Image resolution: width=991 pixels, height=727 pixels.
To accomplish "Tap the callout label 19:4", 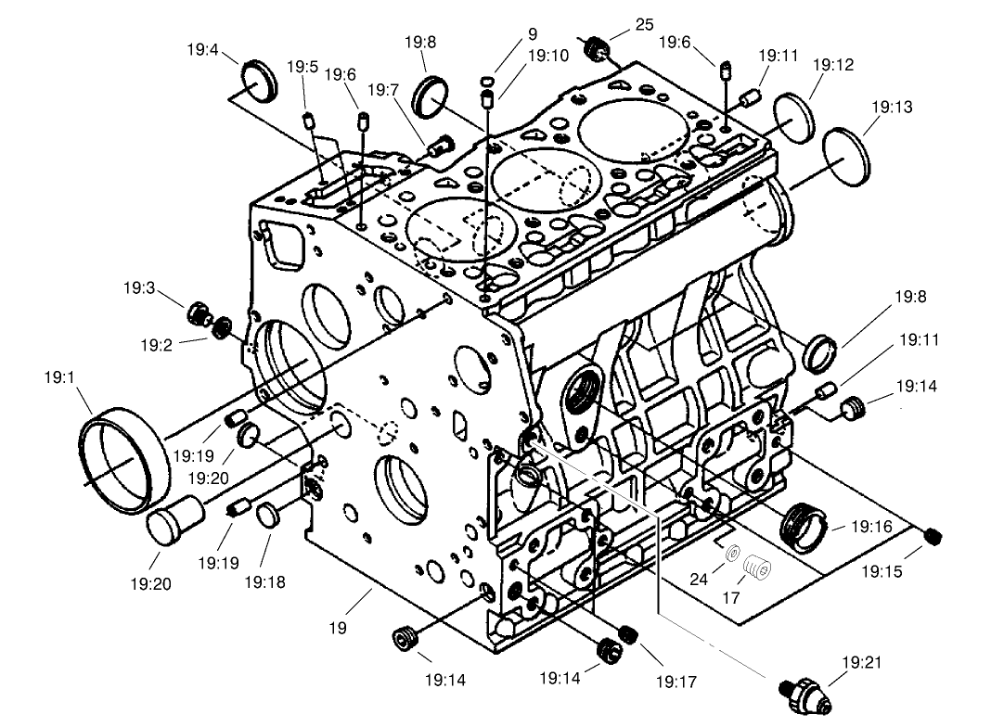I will [201, 50].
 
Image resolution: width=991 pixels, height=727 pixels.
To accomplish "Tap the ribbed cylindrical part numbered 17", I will [756, 566].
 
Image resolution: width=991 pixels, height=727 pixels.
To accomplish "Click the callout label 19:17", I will [676, 682].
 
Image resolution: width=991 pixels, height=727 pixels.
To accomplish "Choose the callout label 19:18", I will [264, 581].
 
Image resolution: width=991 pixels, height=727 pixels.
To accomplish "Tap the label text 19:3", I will [138, 288].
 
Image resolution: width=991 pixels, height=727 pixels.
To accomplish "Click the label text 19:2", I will [157, 345].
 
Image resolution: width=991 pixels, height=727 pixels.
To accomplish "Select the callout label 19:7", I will [383, 90].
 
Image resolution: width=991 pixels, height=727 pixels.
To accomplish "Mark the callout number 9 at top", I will [533, 33].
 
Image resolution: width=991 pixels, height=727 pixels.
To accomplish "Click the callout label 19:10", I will [547, 56].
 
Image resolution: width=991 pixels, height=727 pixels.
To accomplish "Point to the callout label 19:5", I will [302, 67].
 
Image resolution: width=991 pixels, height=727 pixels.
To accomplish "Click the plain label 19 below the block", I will [337, 628].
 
